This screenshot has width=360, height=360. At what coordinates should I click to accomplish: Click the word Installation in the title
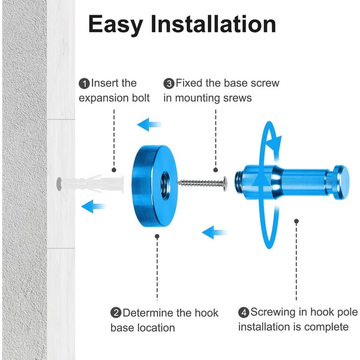[x=213, y=24]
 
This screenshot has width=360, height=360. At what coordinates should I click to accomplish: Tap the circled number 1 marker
[x=84, y=84]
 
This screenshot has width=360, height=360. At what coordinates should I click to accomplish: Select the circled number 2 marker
[x=116, y=313]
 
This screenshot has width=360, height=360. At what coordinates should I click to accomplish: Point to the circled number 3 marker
[x=169, y=84]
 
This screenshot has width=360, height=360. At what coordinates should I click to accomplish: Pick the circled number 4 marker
[x=243, y=313]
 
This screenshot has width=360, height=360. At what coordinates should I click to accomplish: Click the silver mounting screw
[x=202, y=183]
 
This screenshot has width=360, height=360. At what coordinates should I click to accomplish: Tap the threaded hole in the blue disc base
[x=165, y=183]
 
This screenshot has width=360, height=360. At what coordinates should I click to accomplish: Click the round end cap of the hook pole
[x=341, y=182]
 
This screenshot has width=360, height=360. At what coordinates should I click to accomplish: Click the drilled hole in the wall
[x=59, y=184]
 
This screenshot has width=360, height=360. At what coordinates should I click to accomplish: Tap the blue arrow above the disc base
[x=150, y=125]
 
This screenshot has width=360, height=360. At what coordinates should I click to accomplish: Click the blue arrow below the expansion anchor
[x=93, y=206]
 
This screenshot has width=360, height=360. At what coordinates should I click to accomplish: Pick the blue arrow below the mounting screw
[x=215, y=232]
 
